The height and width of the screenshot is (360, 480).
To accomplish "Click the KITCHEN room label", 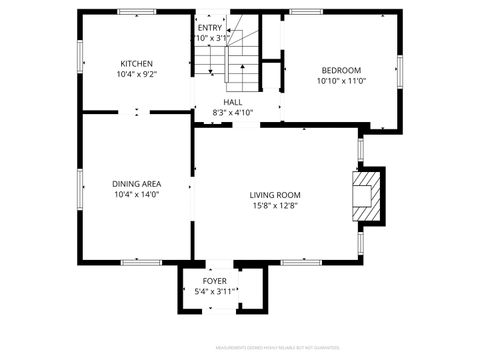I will click(137, 63).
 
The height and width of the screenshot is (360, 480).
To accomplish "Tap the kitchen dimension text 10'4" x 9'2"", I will click(137, 74).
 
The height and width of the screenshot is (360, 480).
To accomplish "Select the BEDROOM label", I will click(341, 70).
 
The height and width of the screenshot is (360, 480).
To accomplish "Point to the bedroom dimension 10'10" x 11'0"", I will click(341, 81).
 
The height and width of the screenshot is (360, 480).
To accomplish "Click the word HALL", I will click(232, 102).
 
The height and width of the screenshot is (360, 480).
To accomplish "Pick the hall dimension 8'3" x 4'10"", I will click(232, 113).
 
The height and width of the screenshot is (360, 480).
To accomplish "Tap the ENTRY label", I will click(210, 28).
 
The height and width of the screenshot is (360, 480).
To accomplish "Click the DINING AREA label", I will click(137, 184).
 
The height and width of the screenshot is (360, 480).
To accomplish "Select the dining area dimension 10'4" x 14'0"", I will click(137, 195).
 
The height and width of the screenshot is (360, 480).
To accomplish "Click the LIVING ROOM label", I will click(275, 195).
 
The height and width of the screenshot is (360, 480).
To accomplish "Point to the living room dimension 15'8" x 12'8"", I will click(275, 206).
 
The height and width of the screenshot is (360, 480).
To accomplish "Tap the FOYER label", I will click(215, 281).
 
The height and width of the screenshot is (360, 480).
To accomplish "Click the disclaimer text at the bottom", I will click(269, 349).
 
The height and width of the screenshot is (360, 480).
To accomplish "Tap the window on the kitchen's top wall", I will click(137, 12).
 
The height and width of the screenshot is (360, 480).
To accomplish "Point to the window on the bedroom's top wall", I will click(307, 12).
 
